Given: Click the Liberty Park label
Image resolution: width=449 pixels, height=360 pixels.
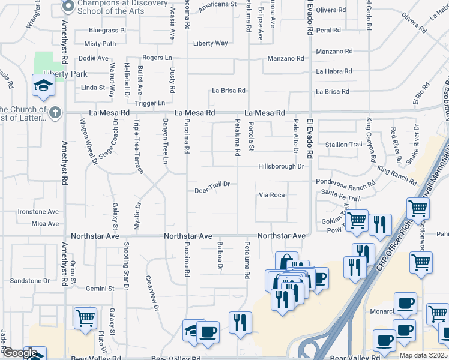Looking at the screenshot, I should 61,74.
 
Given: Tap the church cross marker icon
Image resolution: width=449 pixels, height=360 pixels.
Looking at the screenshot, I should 55,112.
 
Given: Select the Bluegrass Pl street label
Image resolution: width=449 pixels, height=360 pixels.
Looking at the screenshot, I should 107,30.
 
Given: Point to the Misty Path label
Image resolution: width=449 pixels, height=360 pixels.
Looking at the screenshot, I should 100,44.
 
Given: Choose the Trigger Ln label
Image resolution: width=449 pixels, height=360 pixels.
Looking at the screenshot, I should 150,103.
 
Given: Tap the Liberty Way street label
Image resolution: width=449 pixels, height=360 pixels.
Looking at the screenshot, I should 210,43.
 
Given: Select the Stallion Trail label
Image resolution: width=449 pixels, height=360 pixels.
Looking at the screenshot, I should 344,145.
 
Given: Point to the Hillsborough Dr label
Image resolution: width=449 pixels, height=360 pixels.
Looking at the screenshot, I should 281,166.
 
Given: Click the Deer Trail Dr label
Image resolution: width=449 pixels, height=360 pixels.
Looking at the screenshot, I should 212,191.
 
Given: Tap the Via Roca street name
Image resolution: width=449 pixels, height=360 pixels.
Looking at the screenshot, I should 271,195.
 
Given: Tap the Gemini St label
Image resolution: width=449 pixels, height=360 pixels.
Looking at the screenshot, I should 100,289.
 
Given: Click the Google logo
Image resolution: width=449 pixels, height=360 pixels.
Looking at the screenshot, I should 19,353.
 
